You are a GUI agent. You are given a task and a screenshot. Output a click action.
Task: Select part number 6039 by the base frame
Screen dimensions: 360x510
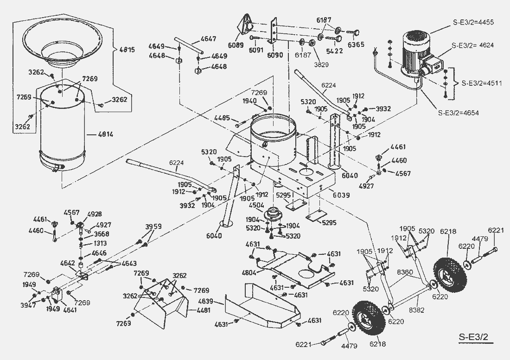point(341,195)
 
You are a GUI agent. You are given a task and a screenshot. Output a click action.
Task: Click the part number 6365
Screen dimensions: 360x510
point(356,45)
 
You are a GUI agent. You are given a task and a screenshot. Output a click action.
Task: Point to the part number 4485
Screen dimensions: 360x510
point(223,119)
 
